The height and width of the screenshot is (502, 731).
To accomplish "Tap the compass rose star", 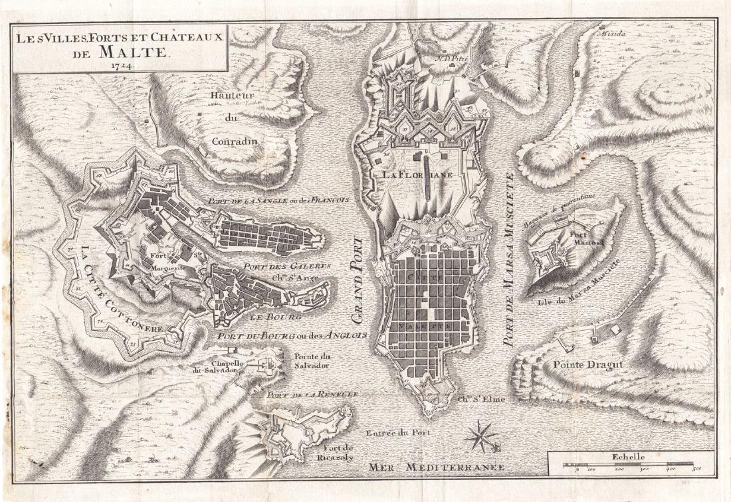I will pos(481,436).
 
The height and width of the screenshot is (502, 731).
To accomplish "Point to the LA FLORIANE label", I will pos(418,175).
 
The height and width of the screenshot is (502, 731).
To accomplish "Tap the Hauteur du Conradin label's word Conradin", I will pos(233,141).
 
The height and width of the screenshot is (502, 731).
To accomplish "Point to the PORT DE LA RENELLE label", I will pos(312,394).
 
